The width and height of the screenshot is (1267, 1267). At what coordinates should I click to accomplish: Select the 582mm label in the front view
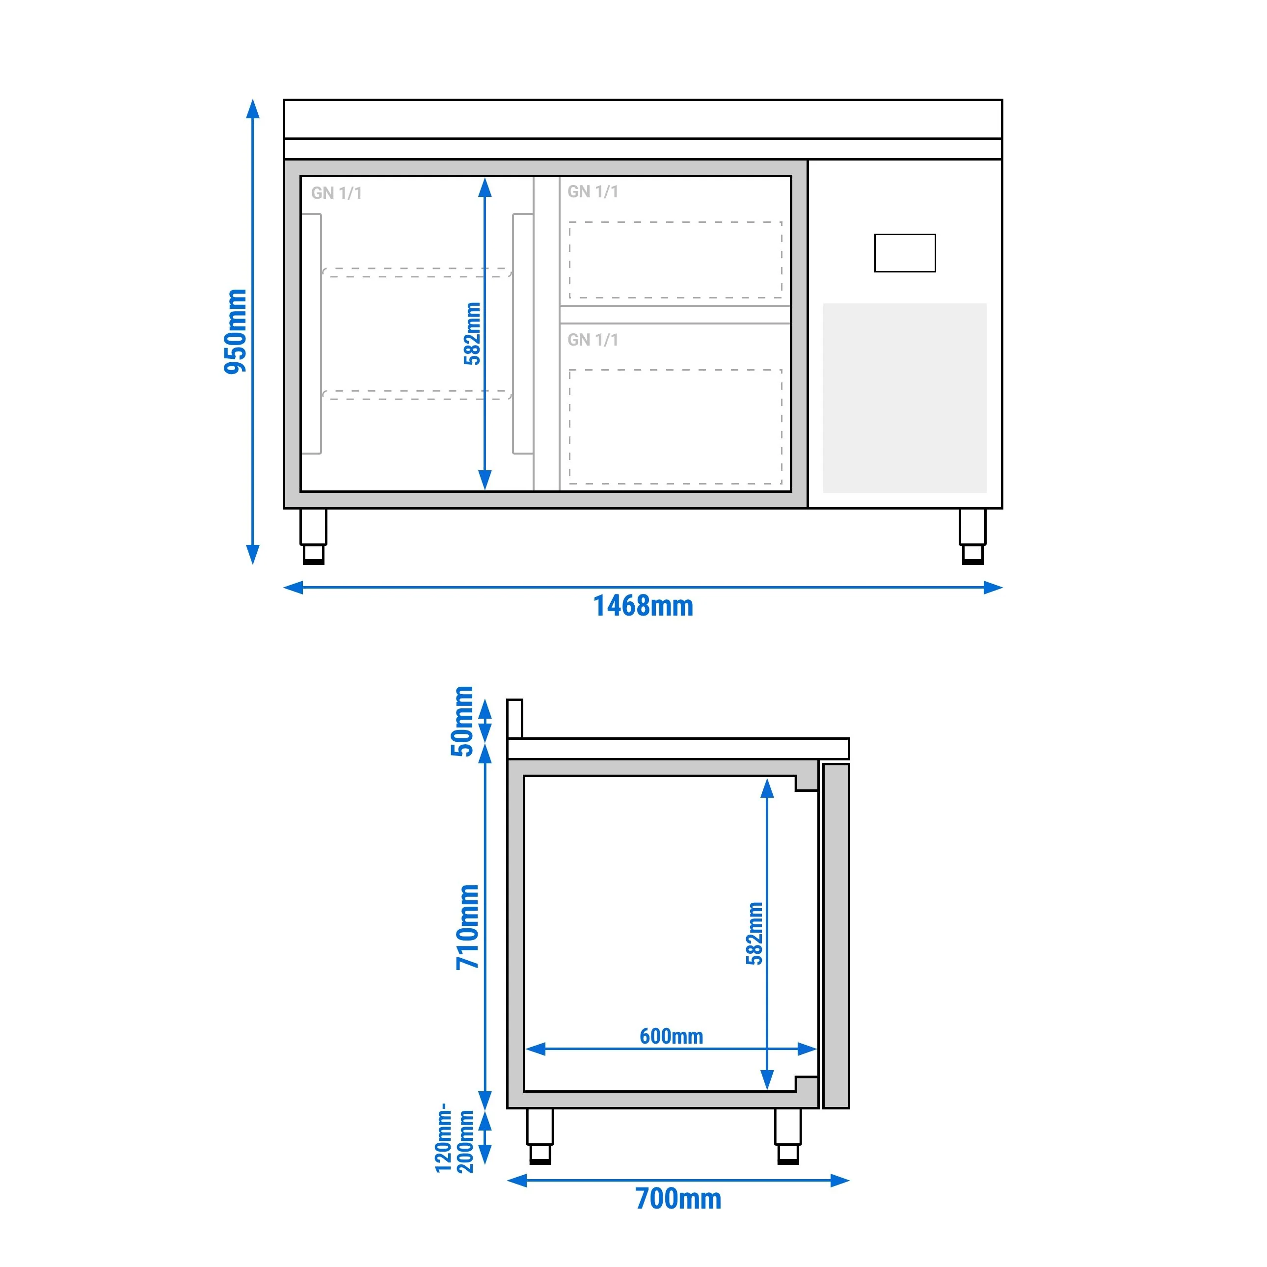click(472, 333)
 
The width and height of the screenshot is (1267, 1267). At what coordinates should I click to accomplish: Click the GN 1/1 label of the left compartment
click(336, 193)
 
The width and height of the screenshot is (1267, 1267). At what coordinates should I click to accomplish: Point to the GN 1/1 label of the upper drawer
click(593, 191)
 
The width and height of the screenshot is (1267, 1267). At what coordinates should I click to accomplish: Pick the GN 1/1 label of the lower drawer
click(593, 340)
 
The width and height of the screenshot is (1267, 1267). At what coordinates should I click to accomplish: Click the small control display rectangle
click(905, 253)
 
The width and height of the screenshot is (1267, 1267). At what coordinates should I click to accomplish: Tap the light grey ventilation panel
click(905, 398)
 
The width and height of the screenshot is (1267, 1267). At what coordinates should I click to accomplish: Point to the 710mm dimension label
click(468, 927)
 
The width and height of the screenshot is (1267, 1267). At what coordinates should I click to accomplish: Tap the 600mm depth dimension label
click(672, 1036)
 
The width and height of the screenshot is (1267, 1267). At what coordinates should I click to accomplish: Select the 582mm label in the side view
click(755, 933)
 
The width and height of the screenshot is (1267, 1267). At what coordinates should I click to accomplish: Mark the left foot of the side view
click(539, 1136)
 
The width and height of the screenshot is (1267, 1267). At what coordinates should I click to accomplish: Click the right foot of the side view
click(787, 1136)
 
